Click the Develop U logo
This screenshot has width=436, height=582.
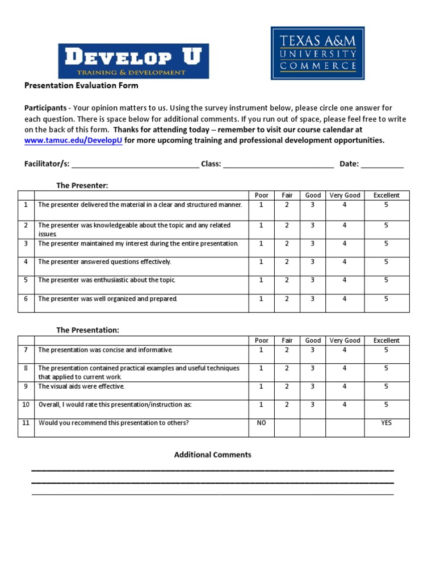(133, 61)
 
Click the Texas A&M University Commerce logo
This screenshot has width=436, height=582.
(317, 52)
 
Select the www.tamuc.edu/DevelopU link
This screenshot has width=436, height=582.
(73, 140)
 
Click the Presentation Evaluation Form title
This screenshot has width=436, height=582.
(81, 86)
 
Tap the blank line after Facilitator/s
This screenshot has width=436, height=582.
(135, 164)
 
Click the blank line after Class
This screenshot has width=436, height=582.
(278, 164)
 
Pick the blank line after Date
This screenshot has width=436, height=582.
(382, 164)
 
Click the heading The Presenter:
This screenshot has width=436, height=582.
(82, 185)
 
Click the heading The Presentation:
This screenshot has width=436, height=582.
(87, 330)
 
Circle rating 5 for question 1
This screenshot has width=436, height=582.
(386, 205)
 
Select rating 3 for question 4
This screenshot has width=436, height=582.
(312, 261)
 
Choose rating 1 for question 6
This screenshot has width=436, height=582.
(261, 298)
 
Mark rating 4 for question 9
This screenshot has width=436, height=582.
(344, 386)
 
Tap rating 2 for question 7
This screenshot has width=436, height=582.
(287, 350)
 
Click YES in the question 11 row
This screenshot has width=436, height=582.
(386, 423)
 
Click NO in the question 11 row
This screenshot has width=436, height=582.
(261, 423)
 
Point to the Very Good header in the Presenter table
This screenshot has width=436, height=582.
(345, 195)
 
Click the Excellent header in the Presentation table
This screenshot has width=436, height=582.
(386, 340)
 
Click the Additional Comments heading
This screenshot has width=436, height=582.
(212, 455)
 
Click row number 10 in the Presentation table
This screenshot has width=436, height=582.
(26, 405)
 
